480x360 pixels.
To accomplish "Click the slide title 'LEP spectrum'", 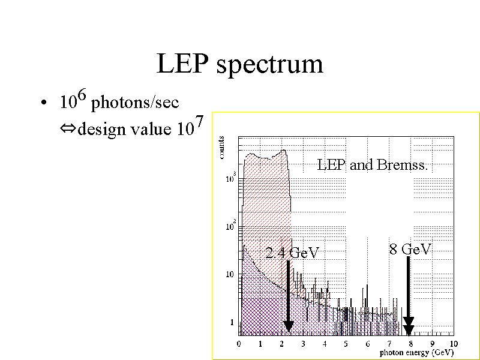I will coord(239,64).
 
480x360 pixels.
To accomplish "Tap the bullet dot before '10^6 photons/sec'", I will coord(43,104).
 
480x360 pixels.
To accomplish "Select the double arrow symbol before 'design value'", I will coord(65,129).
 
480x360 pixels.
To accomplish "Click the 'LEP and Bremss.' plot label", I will coord(372,164).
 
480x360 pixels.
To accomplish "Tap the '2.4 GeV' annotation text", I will coord(292,253).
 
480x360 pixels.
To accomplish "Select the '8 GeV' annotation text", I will coord(410,249).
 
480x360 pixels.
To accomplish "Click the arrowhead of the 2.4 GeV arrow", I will coord(288,326).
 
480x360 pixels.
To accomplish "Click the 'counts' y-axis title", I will coord(221,147).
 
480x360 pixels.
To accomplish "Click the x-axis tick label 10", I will coord(453,343).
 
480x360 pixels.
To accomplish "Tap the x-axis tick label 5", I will coord(346,343).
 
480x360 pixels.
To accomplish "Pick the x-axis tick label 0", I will coord(239,343).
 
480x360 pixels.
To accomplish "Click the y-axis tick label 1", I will coord(232,323).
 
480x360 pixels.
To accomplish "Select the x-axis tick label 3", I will coord(303,343).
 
